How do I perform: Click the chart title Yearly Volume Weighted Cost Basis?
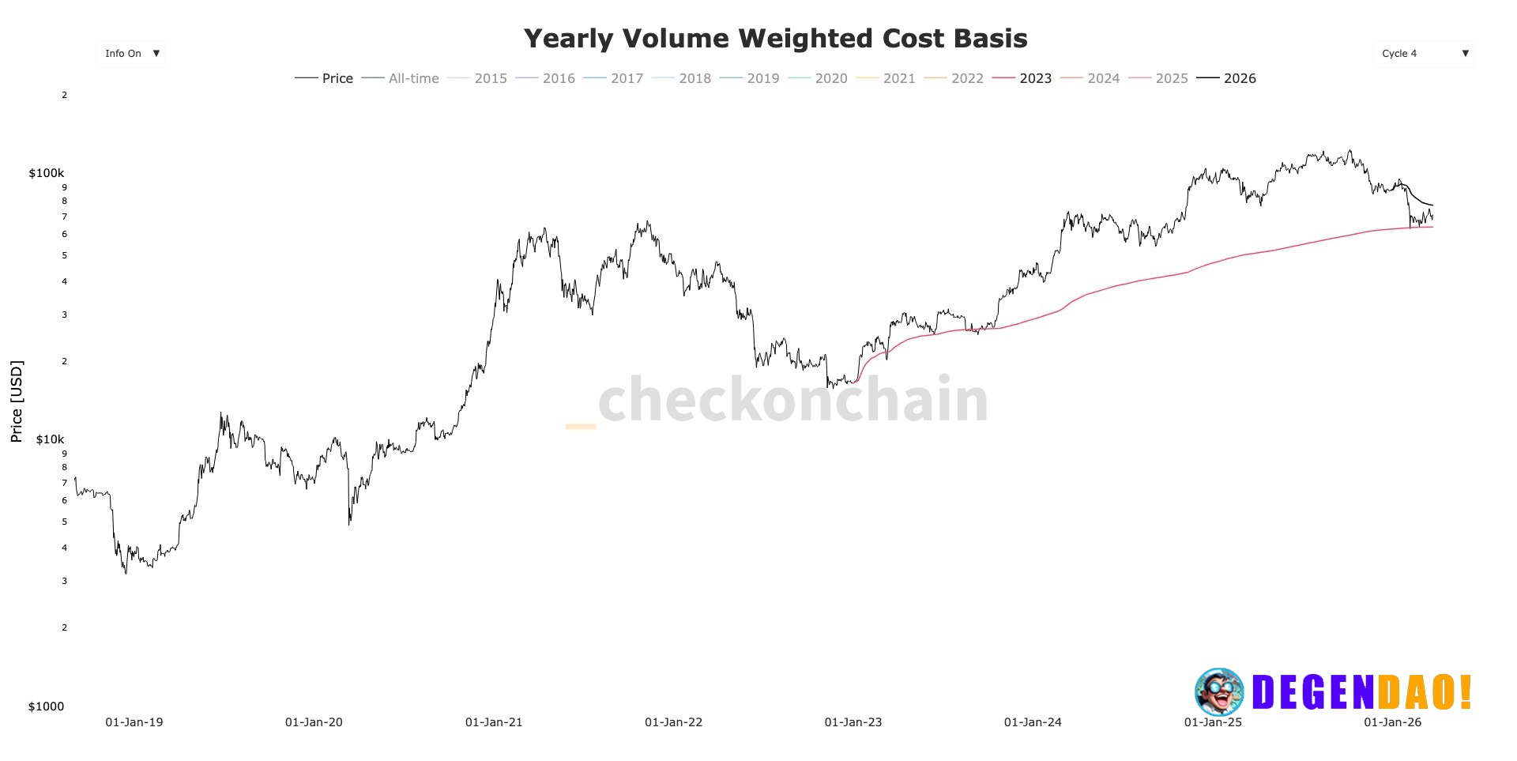click(775, 39)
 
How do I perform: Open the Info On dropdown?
click(132, 54)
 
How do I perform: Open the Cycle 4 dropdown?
click(1424, 54)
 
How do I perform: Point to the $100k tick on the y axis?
click(47, 173)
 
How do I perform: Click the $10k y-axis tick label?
click(50, 439)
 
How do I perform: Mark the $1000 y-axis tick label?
click(46, 706)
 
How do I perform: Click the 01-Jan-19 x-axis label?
click(134, 722)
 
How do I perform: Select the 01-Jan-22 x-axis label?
click(673, 722)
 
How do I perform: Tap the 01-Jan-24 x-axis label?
click(1033, 722)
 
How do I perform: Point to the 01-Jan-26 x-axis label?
click(1392, 722)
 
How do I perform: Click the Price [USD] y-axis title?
click(17, 401)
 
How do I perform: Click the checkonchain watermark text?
click(792, 400)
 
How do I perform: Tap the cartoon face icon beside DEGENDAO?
click(1218, 691)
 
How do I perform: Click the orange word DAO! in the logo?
click(1425, 692)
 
